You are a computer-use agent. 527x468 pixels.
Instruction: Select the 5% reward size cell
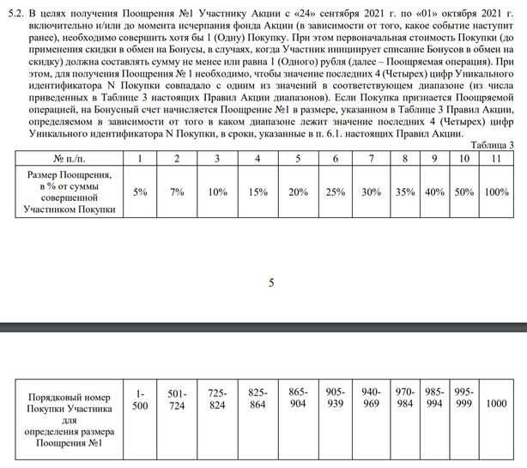coord(142,191)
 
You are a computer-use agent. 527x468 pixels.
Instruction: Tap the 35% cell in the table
coord(403,191)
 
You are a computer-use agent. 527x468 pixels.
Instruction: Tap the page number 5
coord(271,283)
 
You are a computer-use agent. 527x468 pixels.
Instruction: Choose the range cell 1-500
coord(141,400)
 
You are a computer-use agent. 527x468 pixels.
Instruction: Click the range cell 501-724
coord(178,400)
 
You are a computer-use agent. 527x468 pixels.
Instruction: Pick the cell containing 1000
coord(496,400)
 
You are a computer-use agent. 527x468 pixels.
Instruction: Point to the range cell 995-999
coord(464,400)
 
